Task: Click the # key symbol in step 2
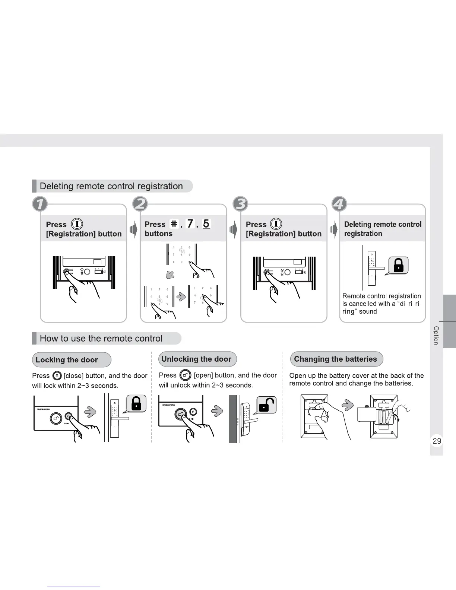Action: click(174, 223)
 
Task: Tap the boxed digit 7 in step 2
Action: click(190, 223)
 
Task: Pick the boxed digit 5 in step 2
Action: click(206, 223)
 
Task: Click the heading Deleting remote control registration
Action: click(111, 186)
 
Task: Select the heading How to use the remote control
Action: click(101, 338)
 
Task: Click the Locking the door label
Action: click(67, 360)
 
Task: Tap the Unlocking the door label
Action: click(196, 359)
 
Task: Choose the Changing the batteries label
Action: click(335, 359)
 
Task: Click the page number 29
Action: click(437, 441)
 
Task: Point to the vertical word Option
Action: click(436, 336)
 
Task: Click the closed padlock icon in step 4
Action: click(399, 266)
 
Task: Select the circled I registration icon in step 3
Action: click(276, 224)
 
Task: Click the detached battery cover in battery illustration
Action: click(366, 413)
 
